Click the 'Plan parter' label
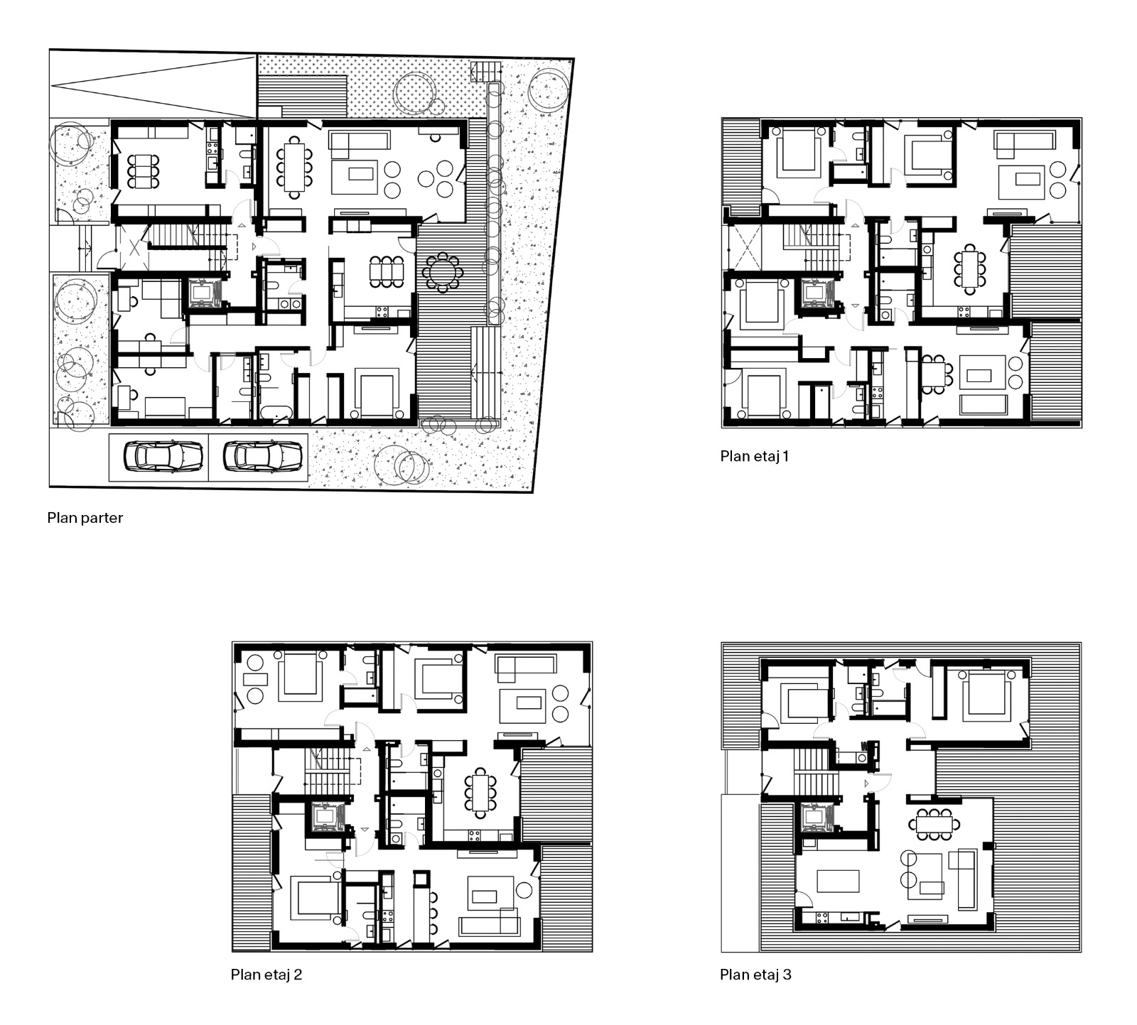click(85, 518)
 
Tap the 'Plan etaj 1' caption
click(755, 456)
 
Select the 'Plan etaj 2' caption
click(266, 975)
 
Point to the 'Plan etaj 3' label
click(755, 975)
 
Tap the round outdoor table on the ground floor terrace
click(443, 271)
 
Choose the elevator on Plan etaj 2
click(325, 817)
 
